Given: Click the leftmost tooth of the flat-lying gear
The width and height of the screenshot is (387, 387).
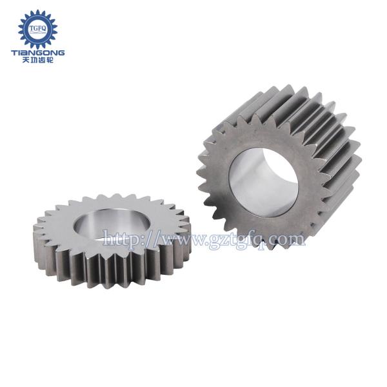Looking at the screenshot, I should coord(34,226).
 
